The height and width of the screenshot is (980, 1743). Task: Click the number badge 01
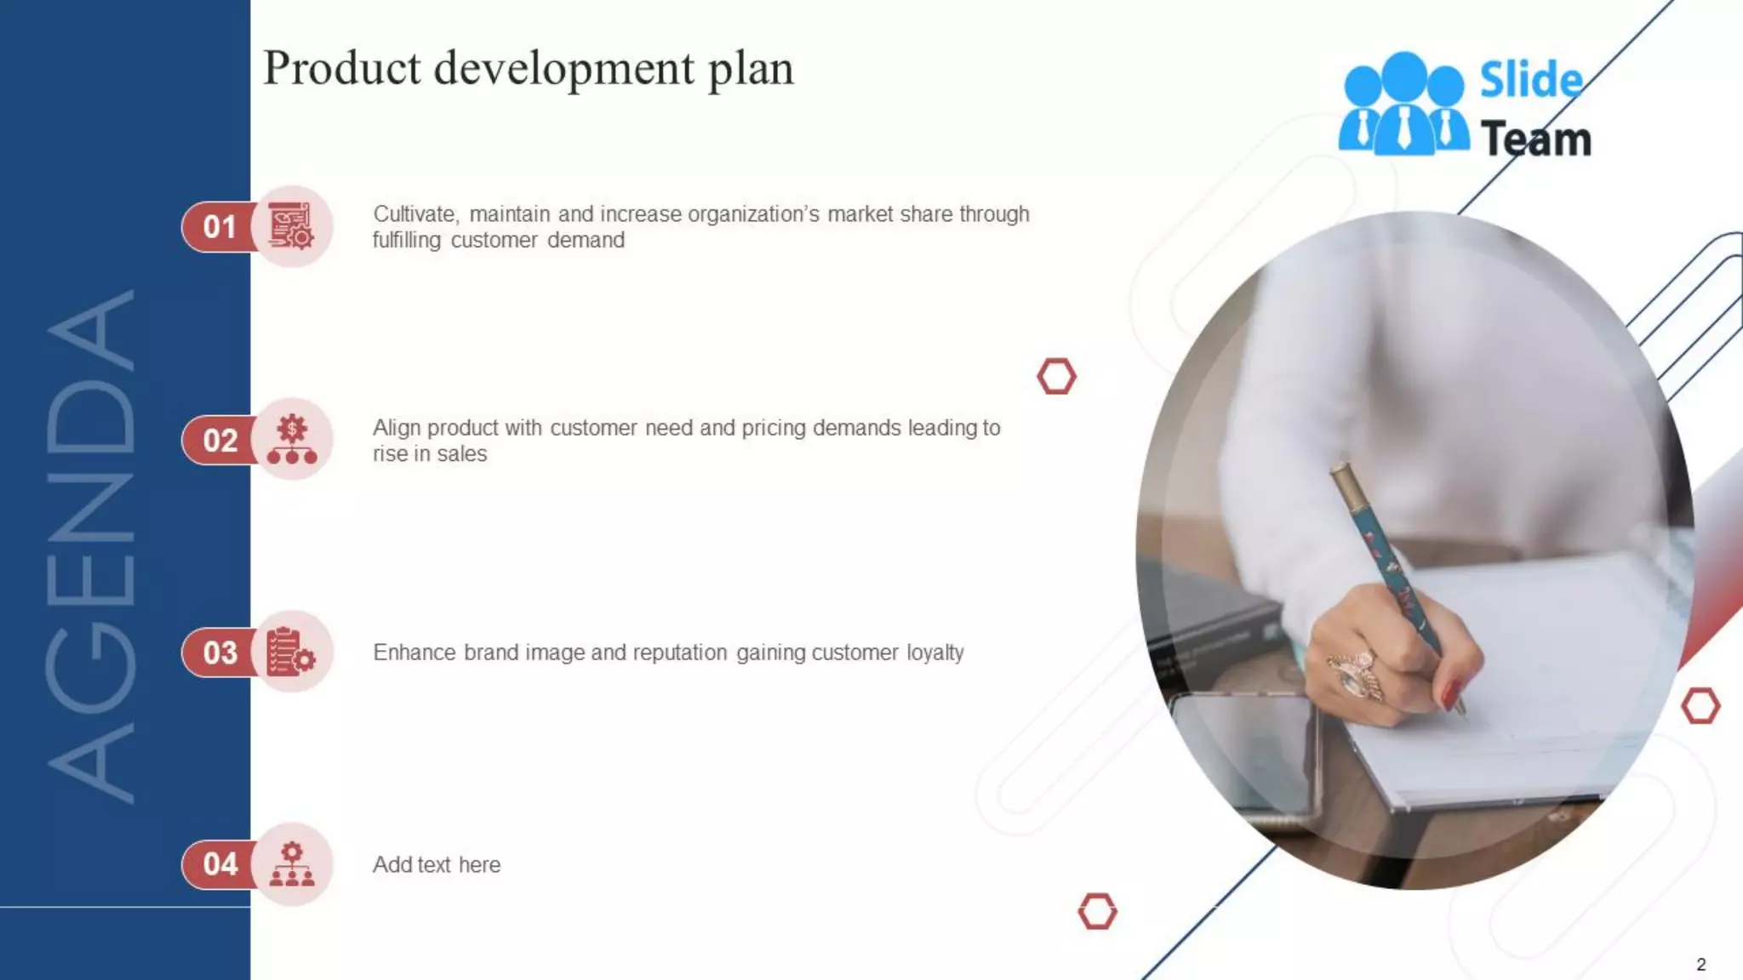(x=219, y=227)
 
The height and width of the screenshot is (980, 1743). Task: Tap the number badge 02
(x=220, y=441)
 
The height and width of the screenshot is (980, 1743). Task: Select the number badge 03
(x=220, y=652)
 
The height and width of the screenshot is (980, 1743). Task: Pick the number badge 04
(x=220, y=864)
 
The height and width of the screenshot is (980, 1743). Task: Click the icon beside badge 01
(x=292, y=227)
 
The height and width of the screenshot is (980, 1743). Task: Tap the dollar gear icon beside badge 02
(x=292, y=440)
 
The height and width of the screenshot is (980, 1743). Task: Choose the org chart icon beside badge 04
(x=292, y=864)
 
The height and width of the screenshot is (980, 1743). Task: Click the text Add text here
(x=437, y=865)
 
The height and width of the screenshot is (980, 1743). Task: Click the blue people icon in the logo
(x=1403, y=105)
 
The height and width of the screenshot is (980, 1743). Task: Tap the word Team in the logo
(x=1535, y=139)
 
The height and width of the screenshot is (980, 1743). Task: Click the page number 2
(x=1700, y=965)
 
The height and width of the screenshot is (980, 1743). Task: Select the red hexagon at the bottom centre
(x=1097, y=912)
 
